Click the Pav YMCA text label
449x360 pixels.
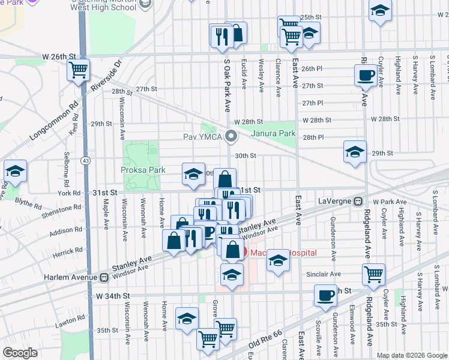pos(203,137)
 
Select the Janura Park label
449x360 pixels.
pos(274,133)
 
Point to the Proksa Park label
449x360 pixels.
pos(144,170)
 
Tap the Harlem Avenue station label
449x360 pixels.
pos(71,278)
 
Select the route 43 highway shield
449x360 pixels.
pos(87,161)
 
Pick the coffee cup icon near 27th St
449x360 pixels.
pos(366,76)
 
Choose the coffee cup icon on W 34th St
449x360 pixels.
pos(326,295)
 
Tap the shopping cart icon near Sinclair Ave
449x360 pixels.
pos(373,275)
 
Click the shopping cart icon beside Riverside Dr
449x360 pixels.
pos(79,70)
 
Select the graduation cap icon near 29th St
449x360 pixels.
pos(355,151)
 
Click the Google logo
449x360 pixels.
pos(20,352)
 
